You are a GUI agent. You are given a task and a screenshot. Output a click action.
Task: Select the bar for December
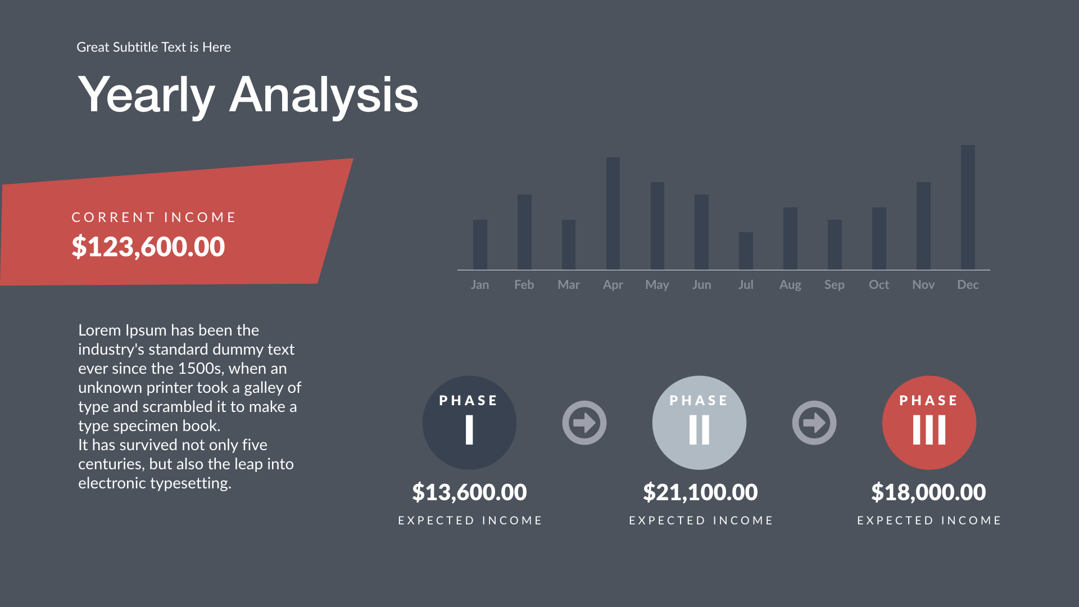click(x=968, y=207)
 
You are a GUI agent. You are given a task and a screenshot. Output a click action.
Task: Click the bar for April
click(x=613, y=214)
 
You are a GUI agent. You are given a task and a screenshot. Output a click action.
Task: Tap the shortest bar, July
click(x=746, y=251)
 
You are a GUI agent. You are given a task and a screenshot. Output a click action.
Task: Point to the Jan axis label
click(x=479, y=285)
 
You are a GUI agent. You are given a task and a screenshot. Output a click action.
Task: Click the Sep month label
click(x=834, y=285)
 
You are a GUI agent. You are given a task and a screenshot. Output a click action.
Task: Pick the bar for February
click(x=524, y=232)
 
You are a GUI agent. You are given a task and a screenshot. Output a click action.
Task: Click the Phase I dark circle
click(x=469, y=423)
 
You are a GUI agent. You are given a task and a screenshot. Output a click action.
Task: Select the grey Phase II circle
click(x=699, y=423)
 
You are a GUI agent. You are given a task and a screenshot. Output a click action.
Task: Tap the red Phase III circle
click(x=929, y=423)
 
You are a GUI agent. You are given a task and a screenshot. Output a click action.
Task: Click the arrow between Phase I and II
click(x=584, y=423)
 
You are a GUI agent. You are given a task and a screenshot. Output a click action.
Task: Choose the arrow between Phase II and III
click(x=814, y=423)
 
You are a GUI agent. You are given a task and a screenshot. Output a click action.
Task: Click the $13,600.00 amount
click(x=469, y=492)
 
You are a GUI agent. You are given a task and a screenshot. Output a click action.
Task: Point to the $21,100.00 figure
click(x=700, y=492)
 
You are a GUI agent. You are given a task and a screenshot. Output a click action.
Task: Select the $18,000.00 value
click(x=928, y=492)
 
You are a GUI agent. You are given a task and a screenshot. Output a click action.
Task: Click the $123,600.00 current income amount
click(x=148, y=247)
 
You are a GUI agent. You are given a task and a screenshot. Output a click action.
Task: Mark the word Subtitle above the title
click(x=135, y=47)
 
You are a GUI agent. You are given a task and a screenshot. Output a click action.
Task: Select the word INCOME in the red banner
click(x=200, y=218)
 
